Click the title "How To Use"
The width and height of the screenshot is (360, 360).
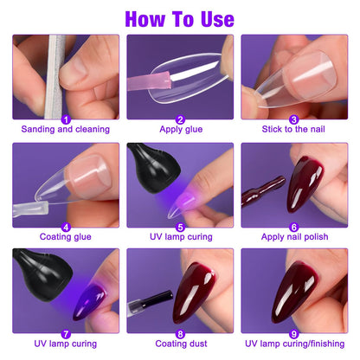[180, 18]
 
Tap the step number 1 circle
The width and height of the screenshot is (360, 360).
[66, 119]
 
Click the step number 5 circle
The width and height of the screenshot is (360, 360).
[180, 227]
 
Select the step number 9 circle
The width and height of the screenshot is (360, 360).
[294, 333]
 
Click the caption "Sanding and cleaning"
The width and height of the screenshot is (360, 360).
[67, 130]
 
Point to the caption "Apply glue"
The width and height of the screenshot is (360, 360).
[180, 130]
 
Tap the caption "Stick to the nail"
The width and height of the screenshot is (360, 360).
[294, 130]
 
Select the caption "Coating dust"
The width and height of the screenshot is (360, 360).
[180, 344]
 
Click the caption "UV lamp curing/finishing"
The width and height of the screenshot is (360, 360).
[294, 344]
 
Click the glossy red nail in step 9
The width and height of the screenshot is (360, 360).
[299, 290]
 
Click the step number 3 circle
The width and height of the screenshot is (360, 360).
[294, 119]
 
